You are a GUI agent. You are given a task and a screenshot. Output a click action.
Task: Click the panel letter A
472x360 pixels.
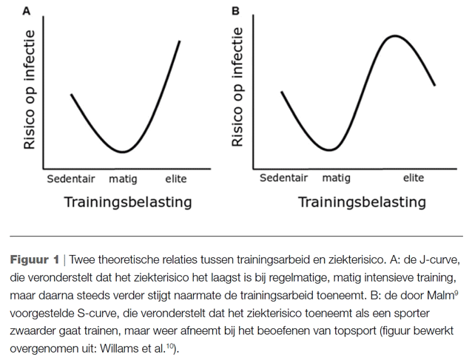(x=27, y=11)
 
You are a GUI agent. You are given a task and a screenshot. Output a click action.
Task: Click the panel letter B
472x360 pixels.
(x=236, y=11)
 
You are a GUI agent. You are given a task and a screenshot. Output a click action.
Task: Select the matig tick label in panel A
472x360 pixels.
(x=123, y=179)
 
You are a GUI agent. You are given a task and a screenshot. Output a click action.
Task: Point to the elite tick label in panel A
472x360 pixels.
(x=176, y=179)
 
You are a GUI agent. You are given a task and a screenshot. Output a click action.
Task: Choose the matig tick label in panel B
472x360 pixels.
(x=336, y=178)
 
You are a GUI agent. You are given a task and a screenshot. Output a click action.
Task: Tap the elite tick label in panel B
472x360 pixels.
(x=414, y=178)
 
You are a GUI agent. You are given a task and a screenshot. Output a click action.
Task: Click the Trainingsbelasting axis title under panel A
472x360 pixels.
(x=128, y=201)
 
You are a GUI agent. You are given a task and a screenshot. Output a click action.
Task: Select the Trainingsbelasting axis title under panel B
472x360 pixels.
(x=362, y=201)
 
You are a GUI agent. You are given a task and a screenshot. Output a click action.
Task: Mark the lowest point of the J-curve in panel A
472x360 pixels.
(x=124, y=152)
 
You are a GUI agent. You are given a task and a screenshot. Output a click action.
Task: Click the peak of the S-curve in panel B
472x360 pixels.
(x=394, y=35)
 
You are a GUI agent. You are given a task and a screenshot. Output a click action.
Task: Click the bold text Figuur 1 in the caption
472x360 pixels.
(x=34, y=259)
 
